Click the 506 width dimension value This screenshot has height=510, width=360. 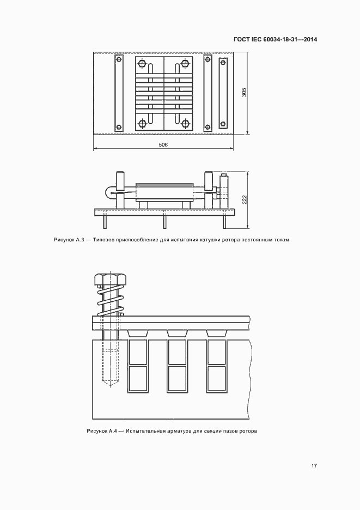coord(163,145)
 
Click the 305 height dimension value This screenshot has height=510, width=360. coord(245,92)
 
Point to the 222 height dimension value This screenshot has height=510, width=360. coord(245,199)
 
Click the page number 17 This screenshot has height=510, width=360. coord(314,466)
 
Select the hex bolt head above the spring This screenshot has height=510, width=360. coord(110,279)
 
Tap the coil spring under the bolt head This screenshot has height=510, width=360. coord(110,301)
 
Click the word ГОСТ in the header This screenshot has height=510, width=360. coord(241,40)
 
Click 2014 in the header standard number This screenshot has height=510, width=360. coord(310,40)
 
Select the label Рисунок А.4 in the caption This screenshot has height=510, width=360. coord(102,432)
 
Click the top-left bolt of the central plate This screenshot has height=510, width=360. coord(142,63)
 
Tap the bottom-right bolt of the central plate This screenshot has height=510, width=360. coord(185,124)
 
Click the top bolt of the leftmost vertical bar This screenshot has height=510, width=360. coord(119,59)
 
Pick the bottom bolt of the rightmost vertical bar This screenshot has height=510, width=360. coord(223,124)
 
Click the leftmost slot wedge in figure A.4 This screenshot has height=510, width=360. coord(138,333)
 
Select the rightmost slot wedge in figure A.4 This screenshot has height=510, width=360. coord(216,333)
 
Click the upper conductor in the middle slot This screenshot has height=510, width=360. coord(177,352)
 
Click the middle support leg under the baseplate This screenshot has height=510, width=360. coord(164,222)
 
